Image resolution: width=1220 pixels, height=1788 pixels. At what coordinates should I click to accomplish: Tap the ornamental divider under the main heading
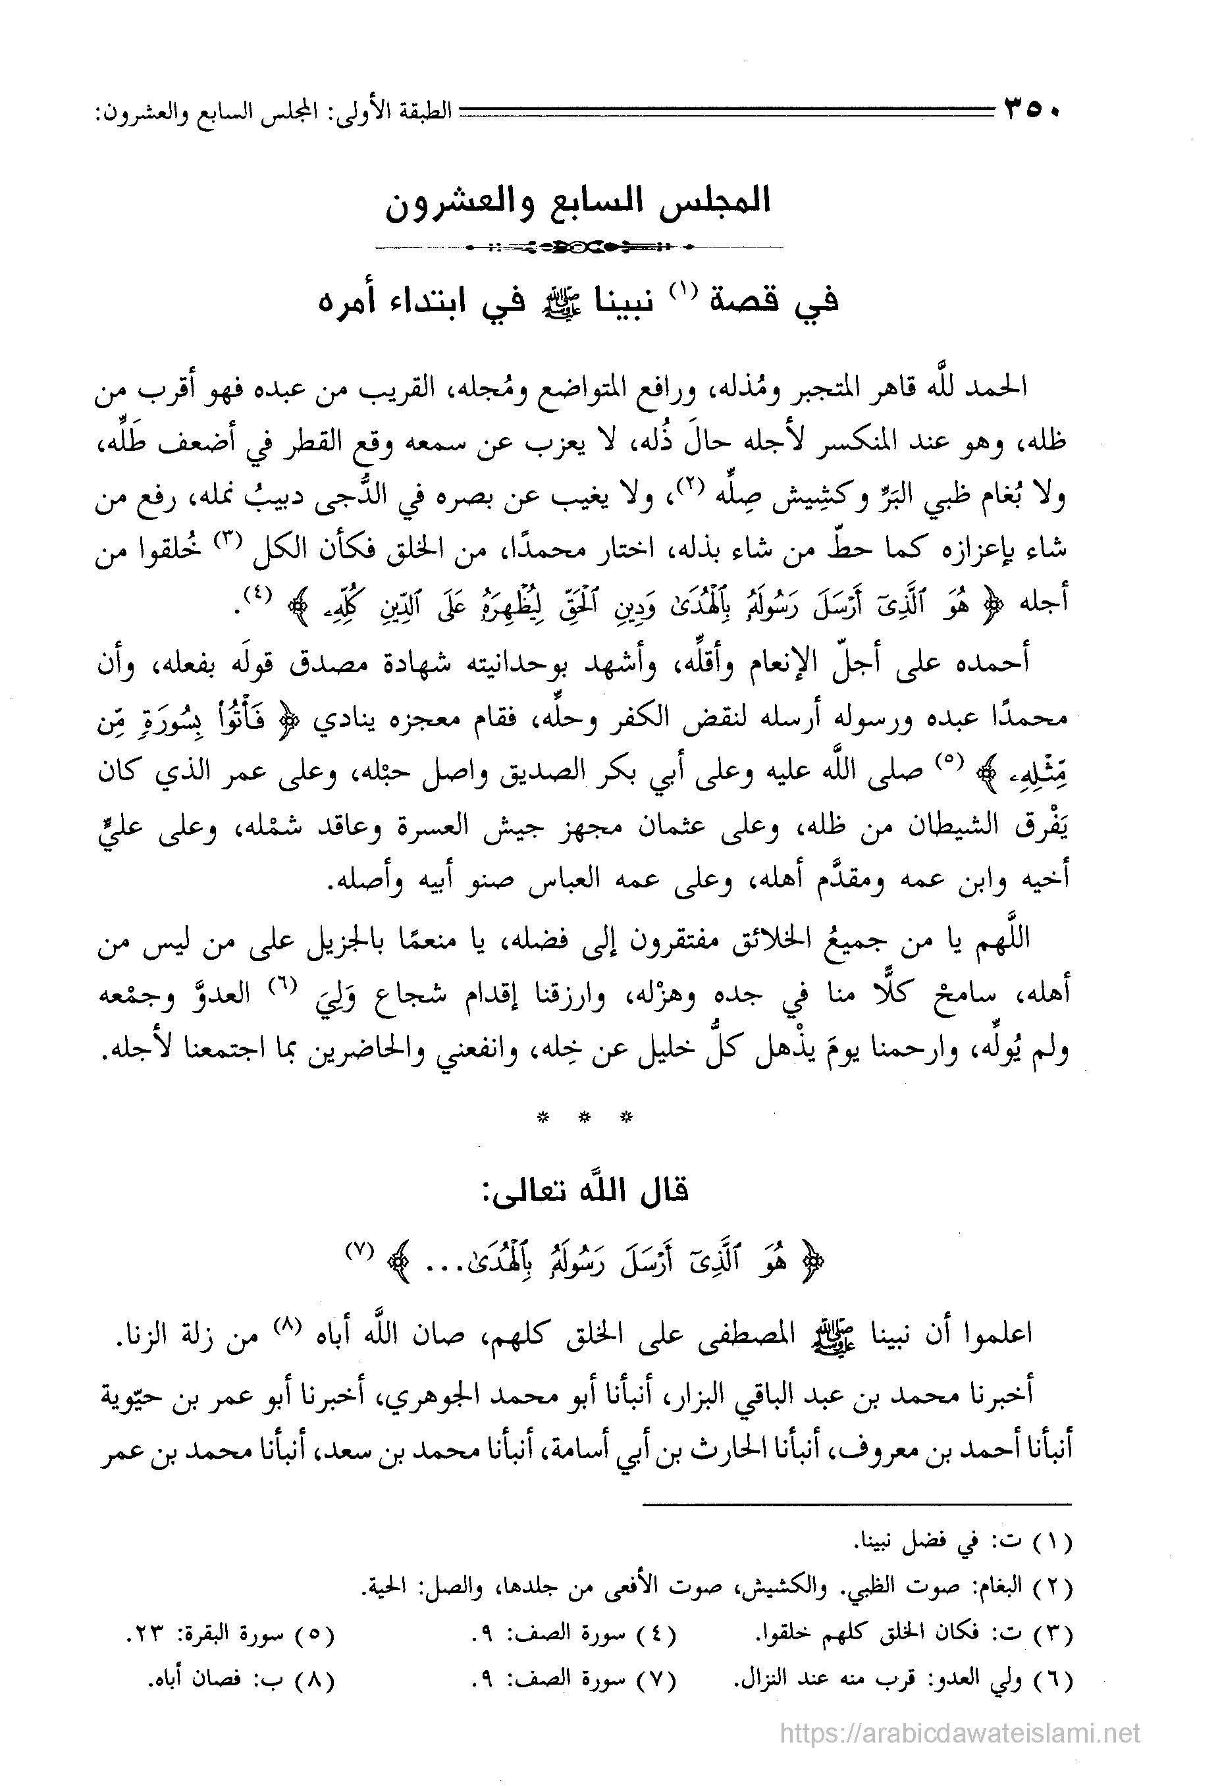[x=579, y=247]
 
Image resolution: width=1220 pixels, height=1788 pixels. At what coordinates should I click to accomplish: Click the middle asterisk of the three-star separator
[x=583, y=1118]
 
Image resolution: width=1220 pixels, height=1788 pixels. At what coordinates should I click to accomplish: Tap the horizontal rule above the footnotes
[x=856, y=1504]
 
